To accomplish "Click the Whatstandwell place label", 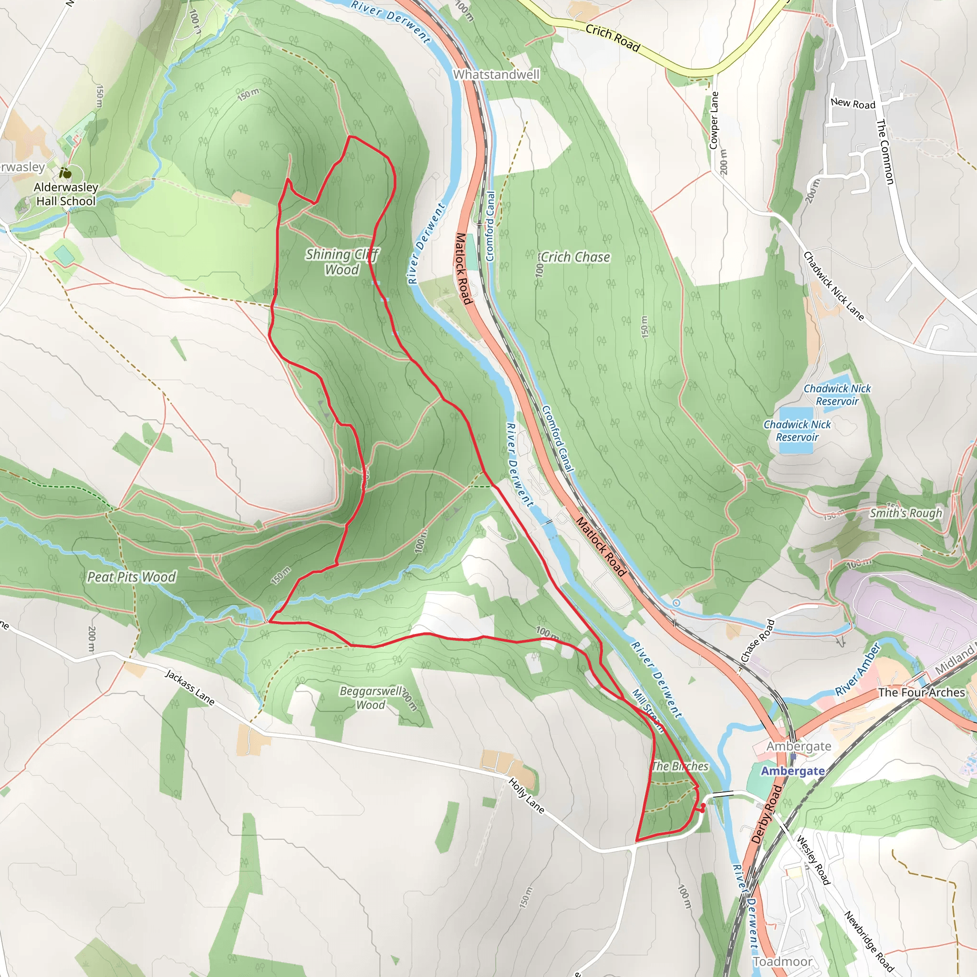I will point(496,75).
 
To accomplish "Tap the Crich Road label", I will point(613,38).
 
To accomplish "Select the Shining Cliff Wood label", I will point(342,262).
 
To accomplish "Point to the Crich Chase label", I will point(575,258).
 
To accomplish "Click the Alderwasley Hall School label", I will point(66,194).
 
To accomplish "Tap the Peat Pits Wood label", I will point(132,577).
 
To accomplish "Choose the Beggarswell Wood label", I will point(371,698).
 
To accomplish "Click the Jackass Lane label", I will point(190,687).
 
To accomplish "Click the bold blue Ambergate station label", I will point(792,771).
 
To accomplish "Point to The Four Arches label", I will point(921,693).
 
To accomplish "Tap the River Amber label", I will point(858,670).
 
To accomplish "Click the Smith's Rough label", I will point(906,513).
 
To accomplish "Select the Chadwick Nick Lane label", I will point(833,286).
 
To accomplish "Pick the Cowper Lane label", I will point(714,120).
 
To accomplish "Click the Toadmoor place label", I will point(782,961).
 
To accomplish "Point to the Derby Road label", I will point(767,814).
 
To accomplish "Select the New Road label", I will point(852,104).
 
